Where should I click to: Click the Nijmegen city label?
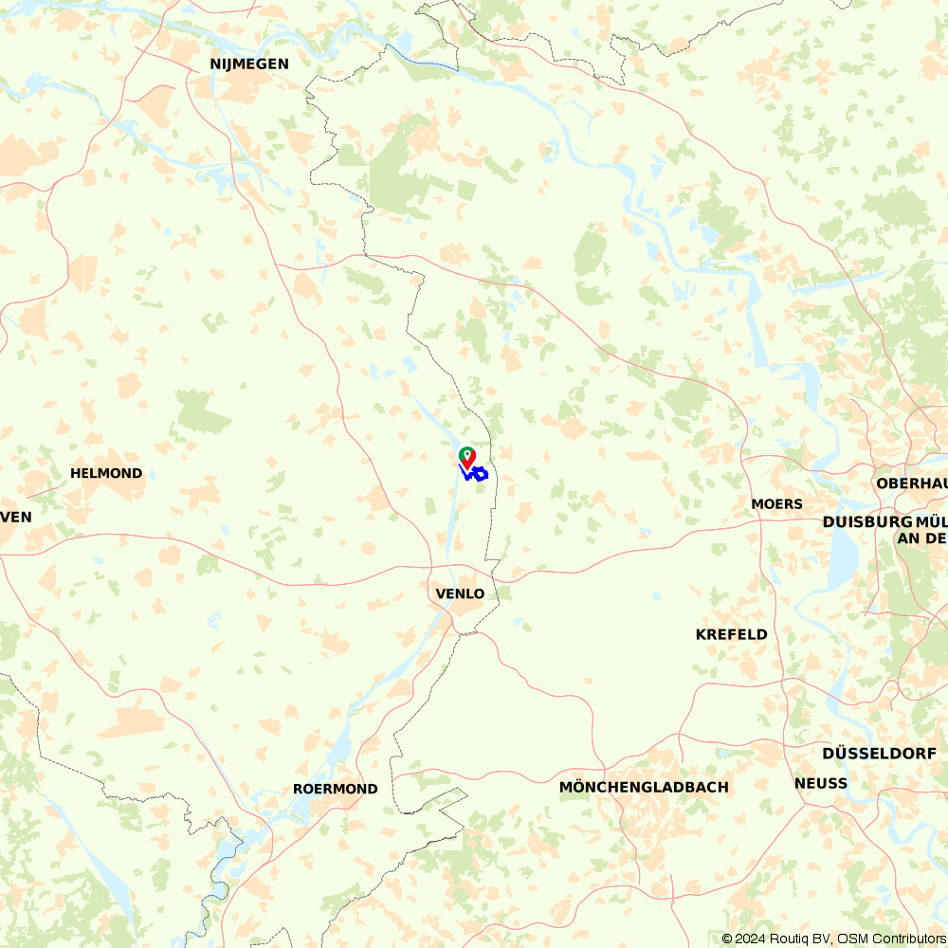[249, 64]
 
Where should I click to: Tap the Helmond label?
[106, 473]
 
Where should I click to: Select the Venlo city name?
[460, 594]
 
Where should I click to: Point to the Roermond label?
[335, 789]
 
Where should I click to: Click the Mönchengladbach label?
[644, 787]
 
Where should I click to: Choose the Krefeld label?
[731, 634]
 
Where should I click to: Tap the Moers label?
[776, 503]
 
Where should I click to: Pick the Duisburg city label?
[866, 522]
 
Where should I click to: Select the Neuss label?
[821, 783]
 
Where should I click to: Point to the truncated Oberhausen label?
[912, 483]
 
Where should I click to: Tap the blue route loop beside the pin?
[480, 473]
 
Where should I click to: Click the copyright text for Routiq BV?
[782, 939]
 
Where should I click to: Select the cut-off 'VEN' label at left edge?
[16, 517]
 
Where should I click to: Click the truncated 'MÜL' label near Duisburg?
[931, 522]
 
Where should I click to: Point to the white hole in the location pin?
[467, 454]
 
